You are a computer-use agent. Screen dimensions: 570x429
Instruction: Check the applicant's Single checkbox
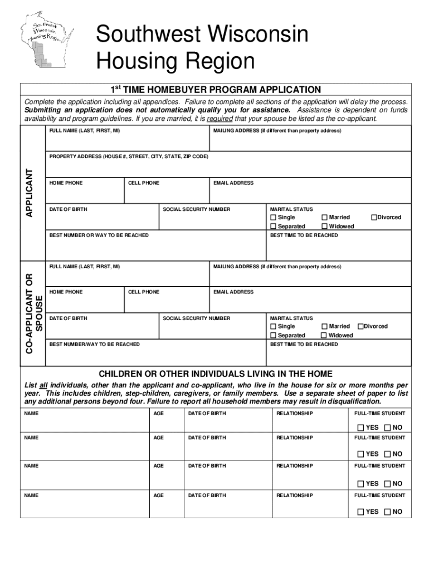[x=273, y=217]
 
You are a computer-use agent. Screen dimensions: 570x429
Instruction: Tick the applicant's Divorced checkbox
[x=374, y=217]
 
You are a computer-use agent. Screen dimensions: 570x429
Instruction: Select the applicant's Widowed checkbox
[x=324, y=227]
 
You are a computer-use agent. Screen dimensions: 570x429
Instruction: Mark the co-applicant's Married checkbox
[x=324, y=326]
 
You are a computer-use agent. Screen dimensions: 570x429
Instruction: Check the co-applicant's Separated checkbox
[x=273, y=336]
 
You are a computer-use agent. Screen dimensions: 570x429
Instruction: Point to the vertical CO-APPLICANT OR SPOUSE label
[x=34, y=312]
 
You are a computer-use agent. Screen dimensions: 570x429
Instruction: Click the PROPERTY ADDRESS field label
[x=128, y=157]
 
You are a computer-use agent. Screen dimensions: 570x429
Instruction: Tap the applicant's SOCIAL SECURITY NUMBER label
[x=196, y=209]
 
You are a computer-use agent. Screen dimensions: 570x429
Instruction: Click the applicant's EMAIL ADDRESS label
[x=233, y=183]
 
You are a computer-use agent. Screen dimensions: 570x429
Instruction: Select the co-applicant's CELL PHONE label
[x=144, y=292]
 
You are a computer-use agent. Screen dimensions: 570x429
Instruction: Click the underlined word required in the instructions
[x=220, y=119]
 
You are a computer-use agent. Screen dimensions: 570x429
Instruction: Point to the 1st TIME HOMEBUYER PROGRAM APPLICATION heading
[x=215, y=90]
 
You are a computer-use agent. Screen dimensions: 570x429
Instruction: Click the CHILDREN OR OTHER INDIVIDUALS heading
[x=215, y=374]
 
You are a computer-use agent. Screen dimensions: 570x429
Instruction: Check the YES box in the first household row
[x=360, y=427]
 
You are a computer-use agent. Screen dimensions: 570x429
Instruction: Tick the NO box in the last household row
[x=387, y=512]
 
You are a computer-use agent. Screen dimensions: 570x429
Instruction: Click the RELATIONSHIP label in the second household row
[x=295, y=438]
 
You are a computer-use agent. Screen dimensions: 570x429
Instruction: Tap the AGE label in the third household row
[x=159, y=466]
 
